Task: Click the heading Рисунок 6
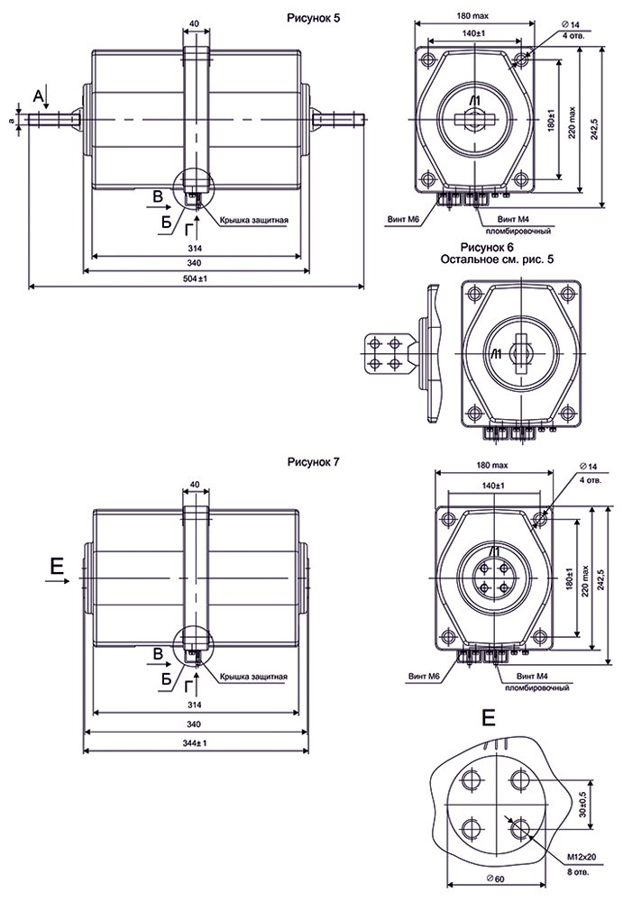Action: point(487,247)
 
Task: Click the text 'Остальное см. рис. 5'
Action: point(494,259)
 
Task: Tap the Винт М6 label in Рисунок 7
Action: point(423,676)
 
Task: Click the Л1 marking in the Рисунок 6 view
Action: point(494,355)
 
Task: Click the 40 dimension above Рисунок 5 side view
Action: point(196,25)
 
